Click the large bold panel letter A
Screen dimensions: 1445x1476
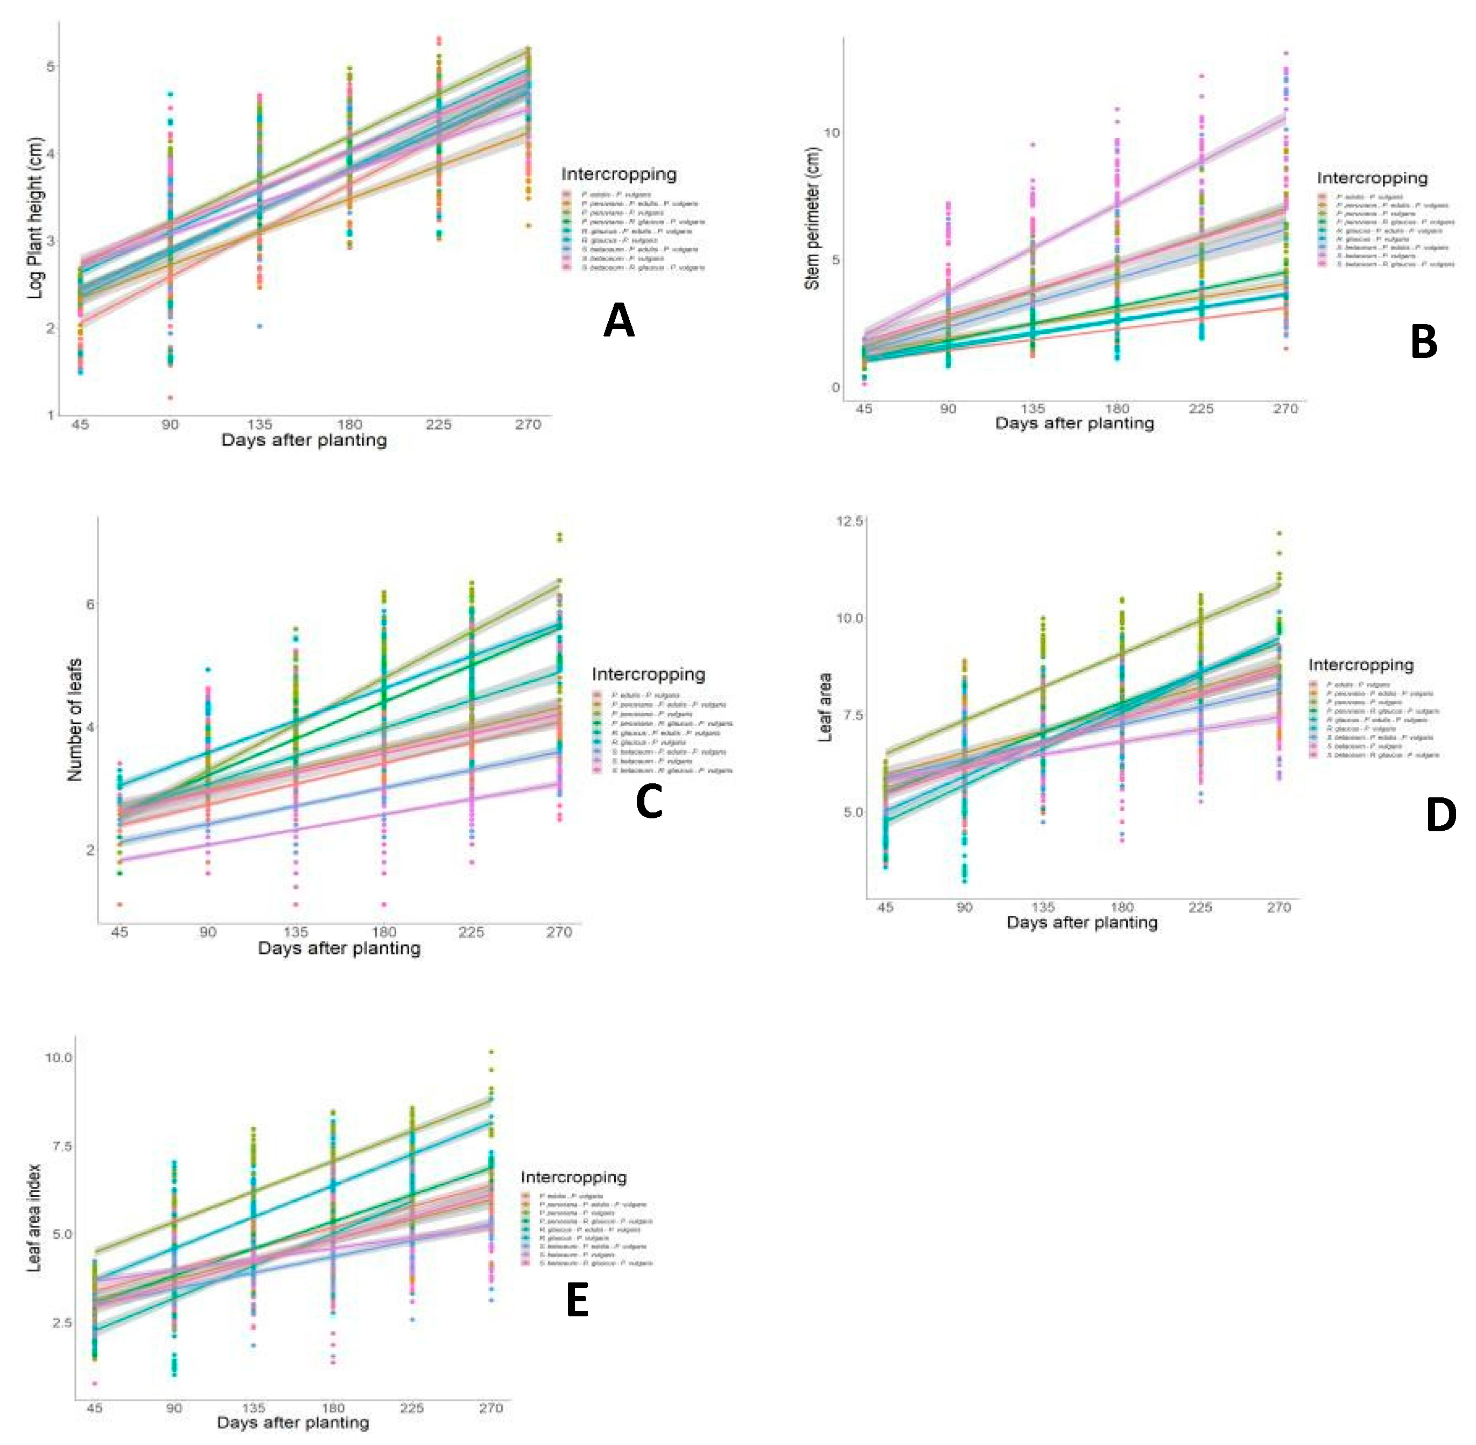click(x=618, y=321)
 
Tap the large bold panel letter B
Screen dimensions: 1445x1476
click(x=1424, y=342)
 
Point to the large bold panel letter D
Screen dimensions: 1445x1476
click(x=1441, y=815)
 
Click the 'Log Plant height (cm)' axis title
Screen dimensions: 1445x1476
click(x=36, y=218)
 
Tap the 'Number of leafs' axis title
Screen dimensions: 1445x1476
click(x=74, y=720)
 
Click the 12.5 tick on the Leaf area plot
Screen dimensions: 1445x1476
click(x=849, y=521)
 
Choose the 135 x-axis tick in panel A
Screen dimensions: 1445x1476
click(x=259, y=424)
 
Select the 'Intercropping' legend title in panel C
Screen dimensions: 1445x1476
click(x=648, y=674)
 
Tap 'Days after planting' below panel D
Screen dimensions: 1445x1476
click(x=1081, y=923)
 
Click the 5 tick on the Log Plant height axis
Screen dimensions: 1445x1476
click(x=51, y=67)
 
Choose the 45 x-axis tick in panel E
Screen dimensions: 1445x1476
click(x=94, y=1408)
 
